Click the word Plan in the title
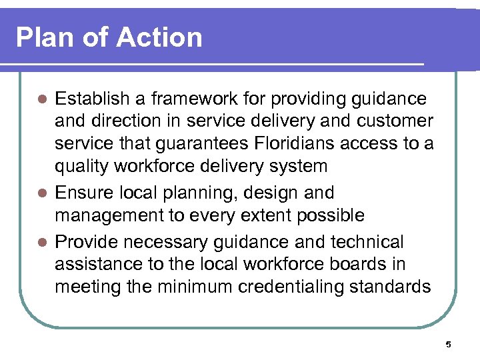(42, 37)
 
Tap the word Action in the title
(159, 37)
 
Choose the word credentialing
(291, 287)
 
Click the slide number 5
(448, 345)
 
